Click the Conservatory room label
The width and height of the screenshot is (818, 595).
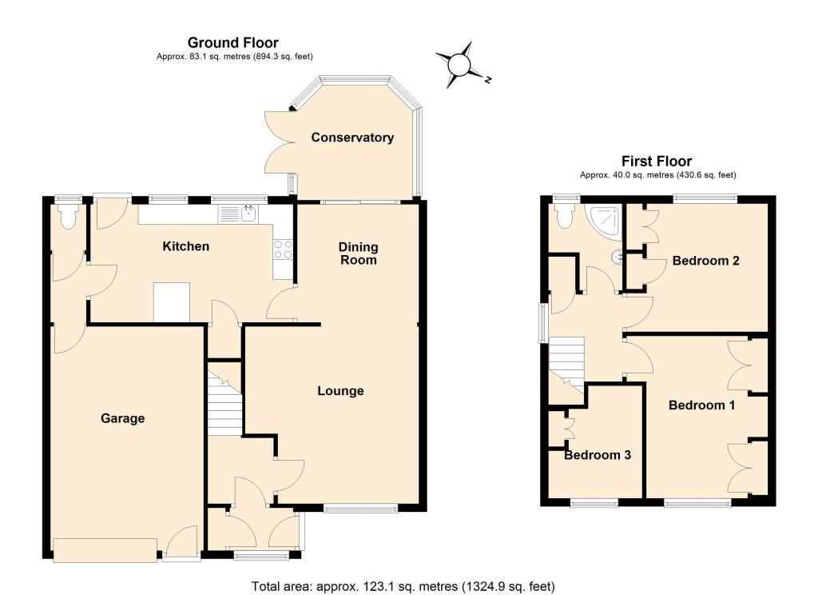[352, 138]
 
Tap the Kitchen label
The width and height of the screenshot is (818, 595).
[185, 246]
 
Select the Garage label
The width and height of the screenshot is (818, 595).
[122, 418]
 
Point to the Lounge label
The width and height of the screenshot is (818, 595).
[340, 391]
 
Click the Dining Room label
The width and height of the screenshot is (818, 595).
[359, 254]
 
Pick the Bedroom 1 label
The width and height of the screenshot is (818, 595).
[701, 405]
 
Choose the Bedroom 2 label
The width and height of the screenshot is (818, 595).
[706, 260]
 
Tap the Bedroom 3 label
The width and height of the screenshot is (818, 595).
[598, 455]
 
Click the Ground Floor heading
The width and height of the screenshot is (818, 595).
[233, 42]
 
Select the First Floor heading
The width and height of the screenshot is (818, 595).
[657, 161]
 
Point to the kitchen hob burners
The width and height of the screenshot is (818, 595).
[283, 250]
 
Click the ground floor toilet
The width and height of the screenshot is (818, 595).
[69, 216]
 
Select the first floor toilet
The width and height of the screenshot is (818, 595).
[565, 216]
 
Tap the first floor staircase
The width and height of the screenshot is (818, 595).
[566, 369]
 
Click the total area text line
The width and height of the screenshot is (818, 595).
[403, 586]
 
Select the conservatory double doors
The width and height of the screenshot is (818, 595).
[279, 142]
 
